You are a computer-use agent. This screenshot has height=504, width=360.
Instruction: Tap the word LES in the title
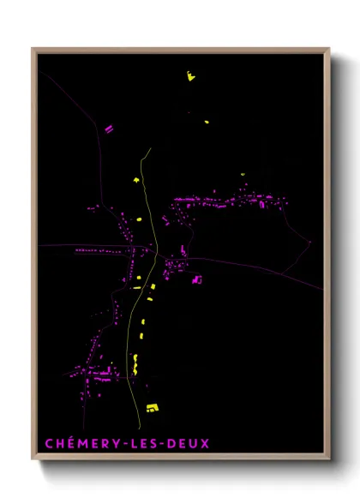141,443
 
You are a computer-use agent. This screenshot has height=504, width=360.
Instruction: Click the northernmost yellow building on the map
190,76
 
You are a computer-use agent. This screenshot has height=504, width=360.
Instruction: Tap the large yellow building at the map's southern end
153,407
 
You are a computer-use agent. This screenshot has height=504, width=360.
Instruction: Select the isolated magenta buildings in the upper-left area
109,129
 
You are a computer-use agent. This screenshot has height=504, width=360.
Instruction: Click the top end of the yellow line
150,148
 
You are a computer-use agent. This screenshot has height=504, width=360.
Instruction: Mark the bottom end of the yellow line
139,425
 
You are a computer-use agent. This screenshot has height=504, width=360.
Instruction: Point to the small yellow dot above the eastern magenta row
243,174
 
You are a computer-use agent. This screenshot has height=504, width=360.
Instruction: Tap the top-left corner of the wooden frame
33,49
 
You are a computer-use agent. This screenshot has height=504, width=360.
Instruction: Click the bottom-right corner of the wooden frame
328,460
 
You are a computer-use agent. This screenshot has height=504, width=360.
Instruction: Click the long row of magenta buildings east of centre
227,203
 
